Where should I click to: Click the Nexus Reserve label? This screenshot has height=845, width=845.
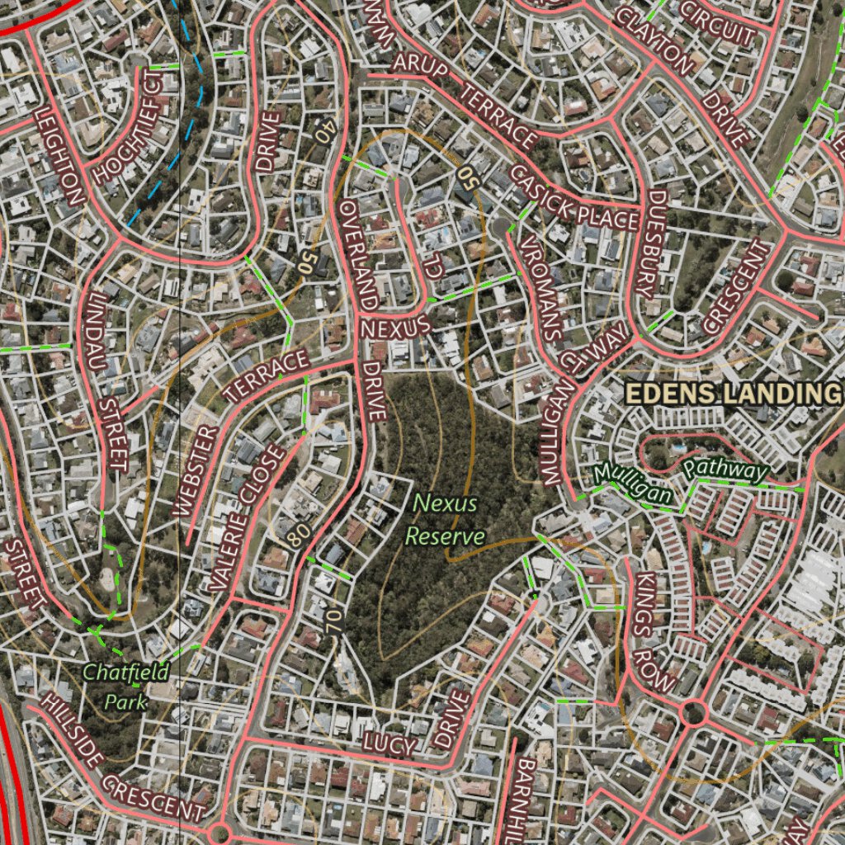coord(446,519)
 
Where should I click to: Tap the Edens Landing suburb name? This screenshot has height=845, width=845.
coord(729,394)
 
